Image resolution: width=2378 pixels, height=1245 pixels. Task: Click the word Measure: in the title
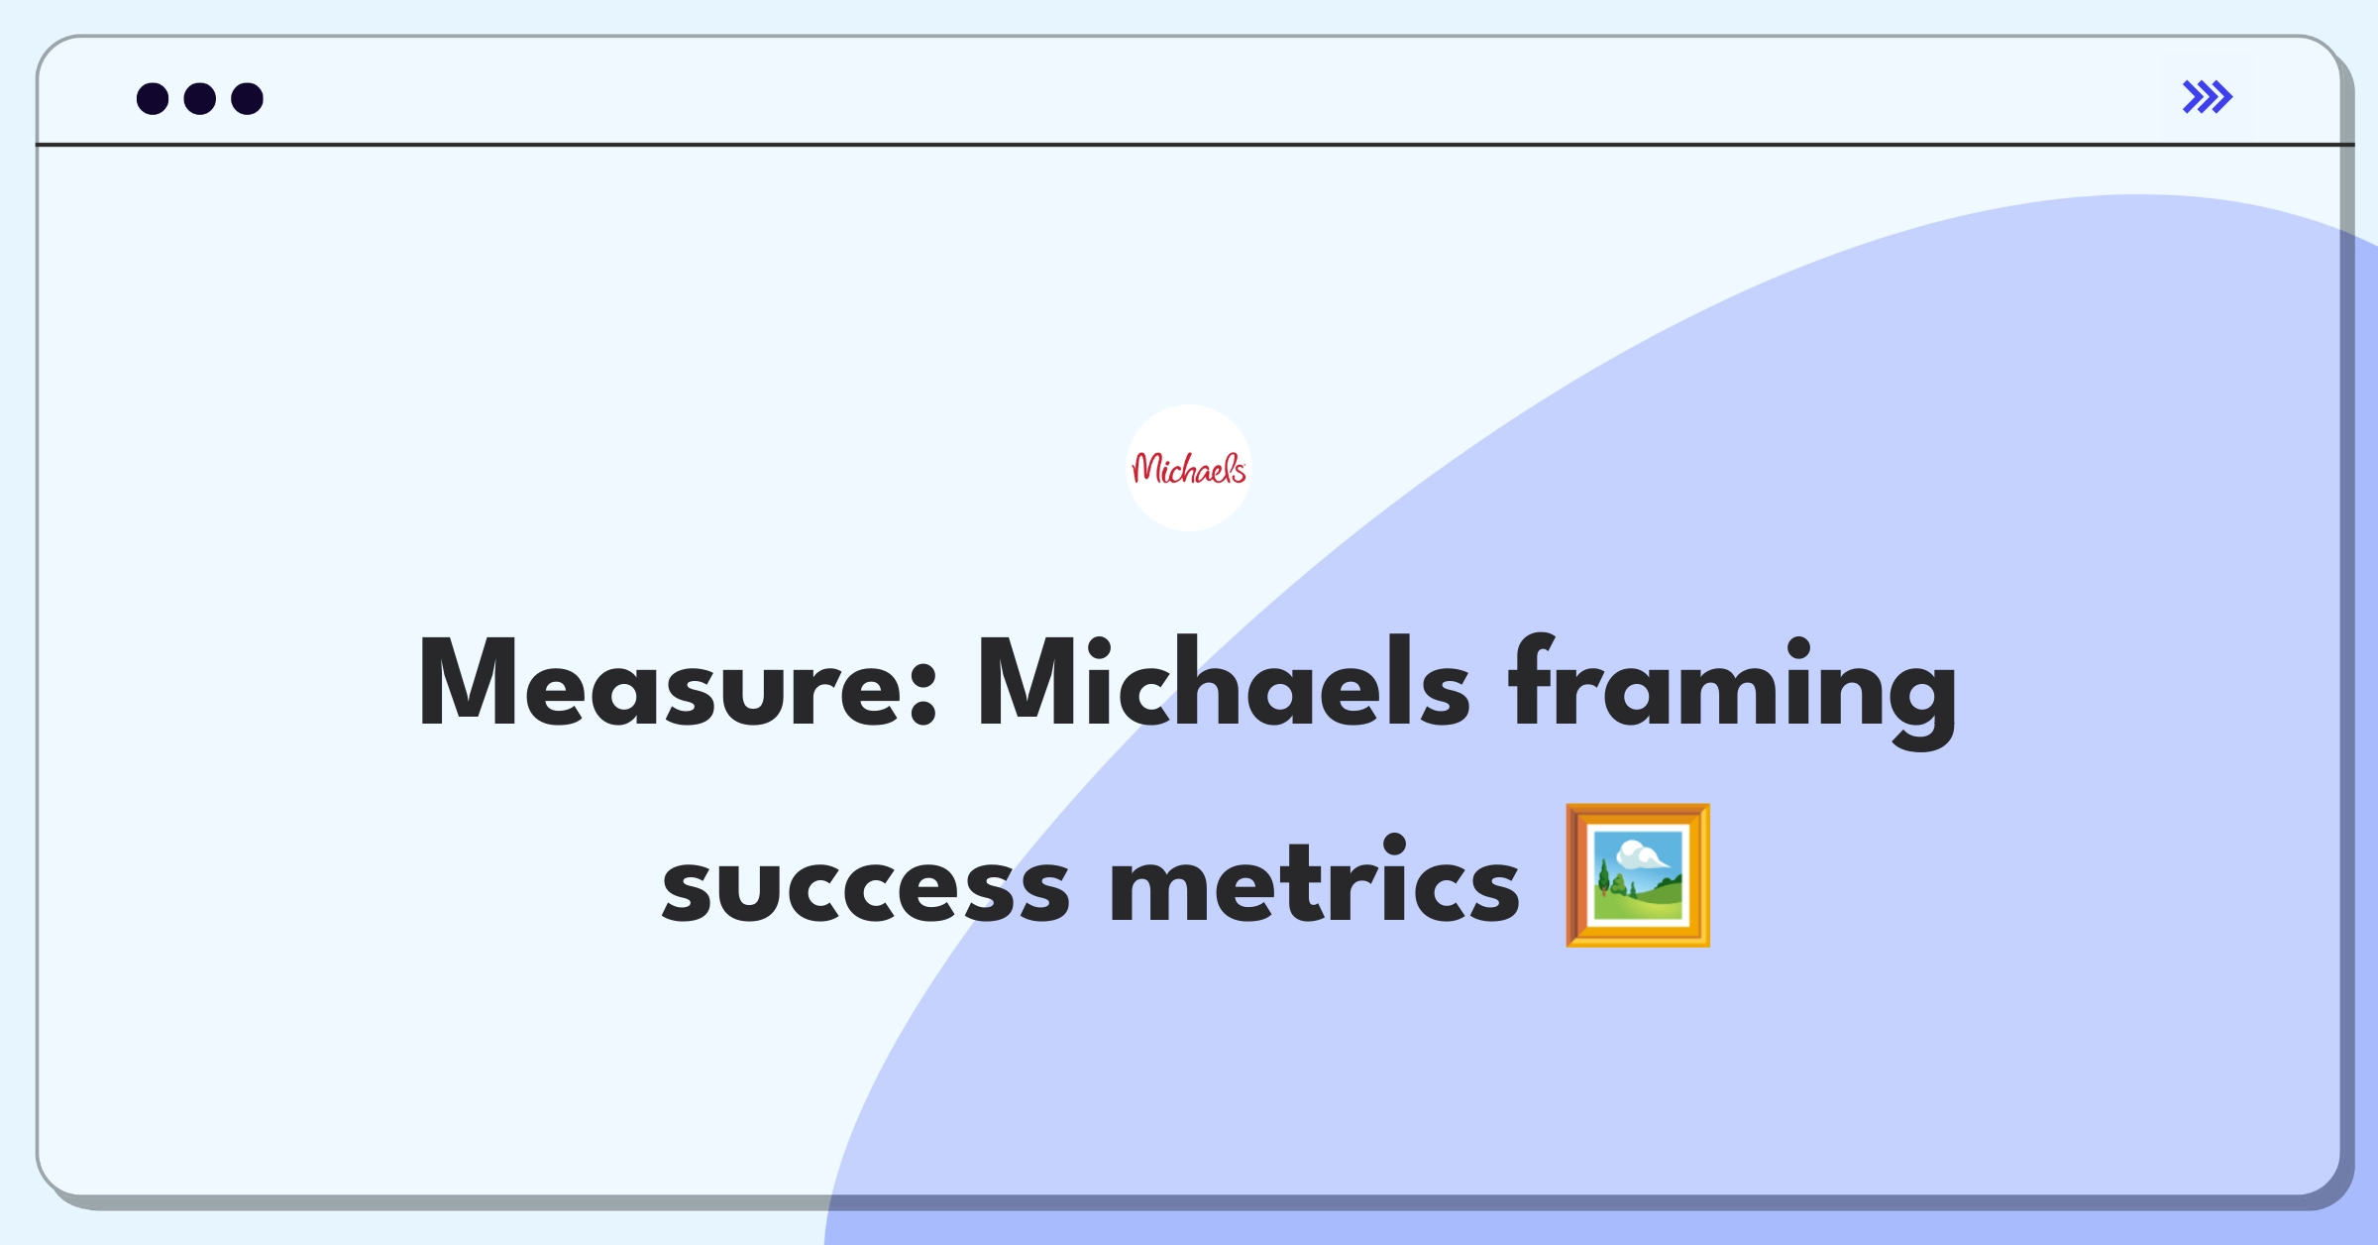679,683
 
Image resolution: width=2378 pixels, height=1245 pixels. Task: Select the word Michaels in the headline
1224,682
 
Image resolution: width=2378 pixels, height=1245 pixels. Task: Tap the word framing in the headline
1733,690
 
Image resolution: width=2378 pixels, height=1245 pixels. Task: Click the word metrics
1314,878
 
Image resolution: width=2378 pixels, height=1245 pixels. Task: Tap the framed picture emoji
1638,875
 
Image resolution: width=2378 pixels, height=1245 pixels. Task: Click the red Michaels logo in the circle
1189,468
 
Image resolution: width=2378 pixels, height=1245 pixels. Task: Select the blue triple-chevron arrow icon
2207,97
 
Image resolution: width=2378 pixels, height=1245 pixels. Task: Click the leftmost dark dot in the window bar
153,98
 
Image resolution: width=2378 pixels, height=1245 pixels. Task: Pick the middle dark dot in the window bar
200,98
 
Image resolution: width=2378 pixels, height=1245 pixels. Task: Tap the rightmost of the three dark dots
248,98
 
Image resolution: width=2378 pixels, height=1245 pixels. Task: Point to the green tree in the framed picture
1604,878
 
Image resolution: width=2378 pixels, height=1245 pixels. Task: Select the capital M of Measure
467,683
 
